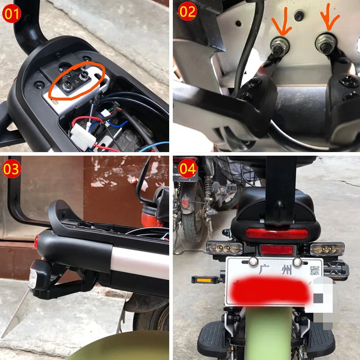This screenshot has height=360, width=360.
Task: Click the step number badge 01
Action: pyautogui.click(x=12, y=14)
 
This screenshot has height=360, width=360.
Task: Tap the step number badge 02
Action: pyautogui.click(x=188, y=12)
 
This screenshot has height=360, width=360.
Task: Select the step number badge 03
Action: pyautogui.click(x=12, y=170)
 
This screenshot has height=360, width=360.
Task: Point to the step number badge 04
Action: pyautogui.click(x=188, y=170)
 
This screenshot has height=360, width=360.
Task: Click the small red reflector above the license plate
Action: pyautogui.click(x=277, y=250)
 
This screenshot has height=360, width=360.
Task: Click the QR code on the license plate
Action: pyautogui.click(x=315, y=270)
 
